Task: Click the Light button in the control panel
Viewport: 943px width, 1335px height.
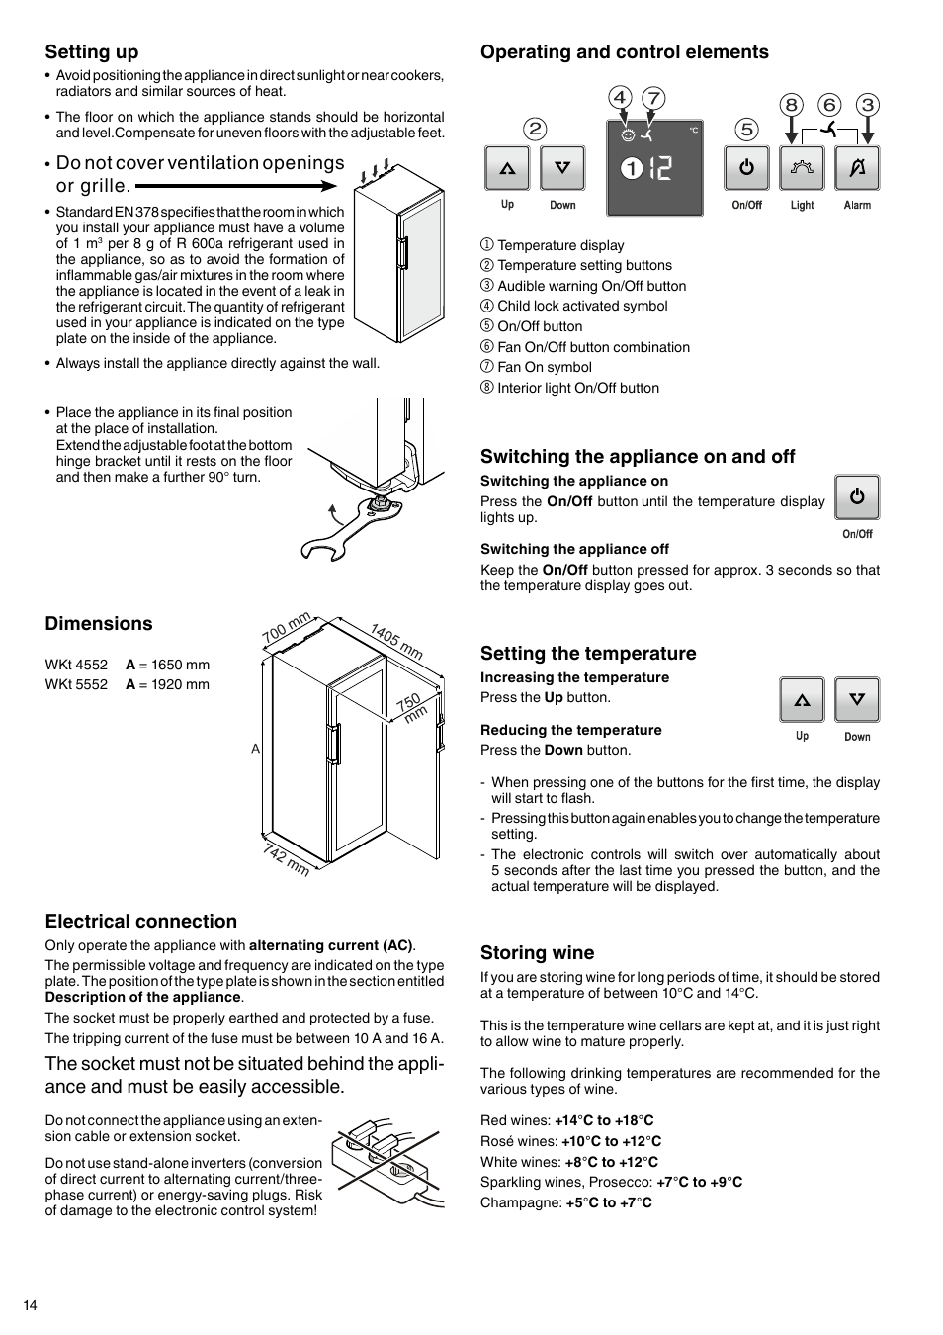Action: coord(802,168)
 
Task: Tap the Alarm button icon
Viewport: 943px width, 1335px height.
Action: coord(857,168)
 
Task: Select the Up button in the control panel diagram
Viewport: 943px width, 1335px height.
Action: coord(507,168)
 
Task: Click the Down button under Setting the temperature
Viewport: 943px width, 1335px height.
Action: coord(857,700)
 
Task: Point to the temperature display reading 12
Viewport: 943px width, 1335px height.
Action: coord(660,169)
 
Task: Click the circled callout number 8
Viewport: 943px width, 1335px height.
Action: coord(791,105)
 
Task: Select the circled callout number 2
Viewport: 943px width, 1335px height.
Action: coord(535,129)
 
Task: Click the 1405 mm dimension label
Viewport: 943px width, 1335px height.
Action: coord(396,641)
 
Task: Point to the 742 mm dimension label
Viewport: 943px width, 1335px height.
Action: coord(287,859)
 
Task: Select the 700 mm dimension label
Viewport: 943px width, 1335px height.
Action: coord(287,627)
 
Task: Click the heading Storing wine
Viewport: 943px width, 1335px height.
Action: coord(538,953)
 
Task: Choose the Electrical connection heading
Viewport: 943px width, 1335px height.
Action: coord(141,922)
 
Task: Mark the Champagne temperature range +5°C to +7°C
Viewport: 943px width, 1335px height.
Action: coord(609,1202)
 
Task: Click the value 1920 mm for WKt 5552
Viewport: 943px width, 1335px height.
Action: coord(180,684)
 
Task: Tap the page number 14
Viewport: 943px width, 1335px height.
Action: coord(31,1306)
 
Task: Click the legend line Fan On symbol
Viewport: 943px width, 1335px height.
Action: coord(544,367)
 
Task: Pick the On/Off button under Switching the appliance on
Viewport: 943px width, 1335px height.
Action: coord(857,497)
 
